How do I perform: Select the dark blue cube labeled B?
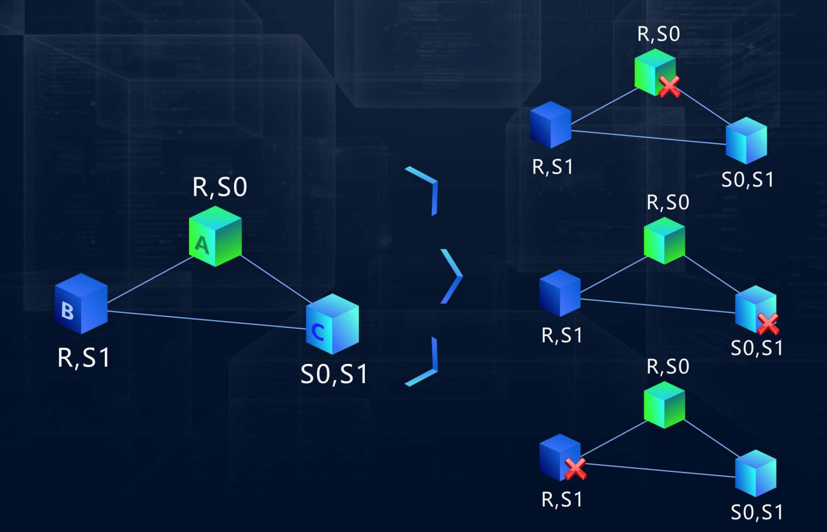click(81, 303)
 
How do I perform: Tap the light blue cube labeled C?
click(332, 324)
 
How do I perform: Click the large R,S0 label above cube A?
click(220, 187)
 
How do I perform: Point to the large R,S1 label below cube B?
click(84, 358)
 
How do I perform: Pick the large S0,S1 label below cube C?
click(334, 374)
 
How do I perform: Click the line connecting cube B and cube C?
click(204, 319)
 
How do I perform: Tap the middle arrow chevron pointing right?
click(452, 276)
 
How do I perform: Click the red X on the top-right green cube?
click(669, 86)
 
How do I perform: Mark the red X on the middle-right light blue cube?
click(768, 324)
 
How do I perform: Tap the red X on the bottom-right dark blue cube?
click(575, 468)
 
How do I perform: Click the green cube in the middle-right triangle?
click(664, 240)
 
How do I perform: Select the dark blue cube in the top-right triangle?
click(550, 125)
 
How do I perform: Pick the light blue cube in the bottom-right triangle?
click(756, 473)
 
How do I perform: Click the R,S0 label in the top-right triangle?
click(658, 34)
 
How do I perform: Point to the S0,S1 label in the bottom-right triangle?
click(757, 512)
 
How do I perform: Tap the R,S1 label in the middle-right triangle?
click(562, 335)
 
